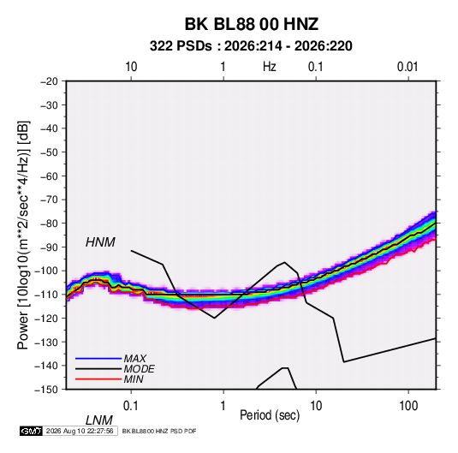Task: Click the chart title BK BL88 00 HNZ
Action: [x=252, y=24]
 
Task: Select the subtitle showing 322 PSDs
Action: [x=251, y=46]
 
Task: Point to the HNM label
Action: [x=100, y=242]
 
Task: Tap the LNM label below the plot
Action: [x=99, y=420]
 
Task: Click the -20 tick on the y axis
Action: [x=50, y=81]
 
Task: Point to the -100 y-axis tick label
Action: [x=46, y=271]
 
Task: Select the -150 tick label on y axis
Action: [x=46, y=390]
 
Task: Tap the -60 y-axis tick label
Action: [x=50, y=176]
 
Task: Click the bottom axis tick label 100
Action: [x=408, y=406]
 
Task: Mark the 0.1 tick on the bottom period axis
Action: [x=131, y=406]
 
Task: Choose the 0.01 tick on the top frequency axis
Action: [x=407, y=67]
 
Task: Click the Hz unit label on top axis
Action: [x=269, y=67]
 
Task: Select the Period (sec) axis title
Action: [x=270, y=415]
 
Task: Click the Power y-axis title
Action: [x=23, y=235]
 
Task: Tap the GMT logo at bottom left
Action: [x=31, y=431]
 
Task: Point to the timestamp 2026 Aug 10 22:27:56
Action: [x=80, y=431]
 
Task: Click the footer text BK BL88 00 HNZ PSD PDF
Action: [x=159, y=431]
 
